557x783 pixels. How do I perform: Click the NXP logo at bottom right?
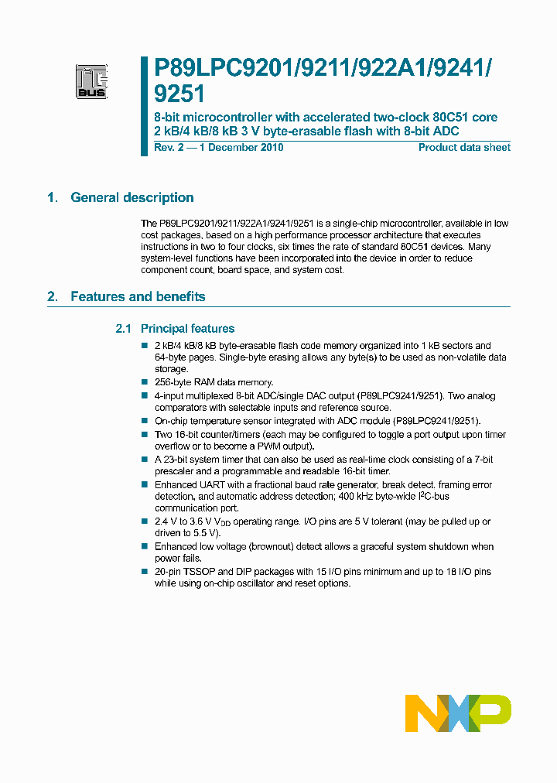457,713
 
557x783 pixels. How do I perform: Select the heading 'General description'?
132,198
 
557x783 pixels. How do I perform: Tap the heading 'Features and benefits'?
138,297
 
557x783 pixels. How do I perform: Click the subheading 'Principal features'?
187,329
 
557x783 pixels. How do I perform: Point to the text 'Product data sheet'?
464,148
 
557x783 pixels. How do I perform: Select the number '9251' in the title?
179,94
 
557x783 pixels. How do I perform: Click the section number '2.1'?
124,329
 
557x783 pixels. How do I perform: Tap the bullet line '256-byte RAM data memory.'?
214,382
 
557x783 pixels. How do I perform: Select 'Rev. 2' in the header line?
169,148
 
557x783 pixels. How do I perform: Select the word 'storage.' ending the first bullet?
172,369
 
